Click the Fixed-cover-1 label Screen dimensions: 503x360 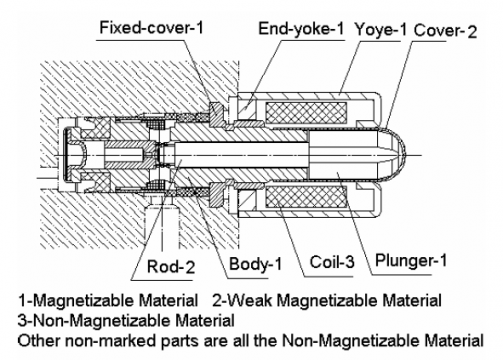coord(152,28)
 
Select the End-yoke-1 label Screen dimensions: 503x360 coord(301,29)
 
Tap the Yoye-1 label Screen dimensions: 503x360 coord(381,30)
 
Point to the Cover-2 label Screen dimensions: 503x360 coord(445,31)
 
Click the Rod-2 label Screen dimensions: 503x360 coord(171,266)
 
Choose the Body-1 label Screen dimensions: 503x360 coord(255,264)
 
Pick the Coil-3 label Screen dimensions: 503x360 coord(332,262)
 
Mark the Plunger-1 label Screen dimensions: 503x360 coord(411,260)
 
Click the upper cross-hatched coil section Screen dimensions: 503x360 coord(306,113)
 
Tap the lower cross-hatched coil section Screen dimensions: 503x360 coord(306,197)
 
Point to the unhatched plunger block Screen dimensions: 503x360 coord(343,155)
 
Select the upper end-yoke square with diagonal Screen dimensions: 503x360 coord(247,109)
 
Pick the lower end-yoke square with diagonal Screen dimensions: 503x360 coord(247,201)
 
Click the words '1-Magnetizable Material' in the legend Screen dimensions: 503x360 coord(108,300)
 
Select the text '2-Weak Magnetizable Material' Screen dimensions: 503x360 coord(327,300)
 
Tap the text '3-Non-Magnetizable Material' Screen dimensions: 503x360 coord(126,320)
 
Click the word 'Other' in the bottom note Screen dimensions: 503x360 coord(39,340)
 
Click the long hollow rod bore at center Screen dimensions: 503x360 coord(239,155)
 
